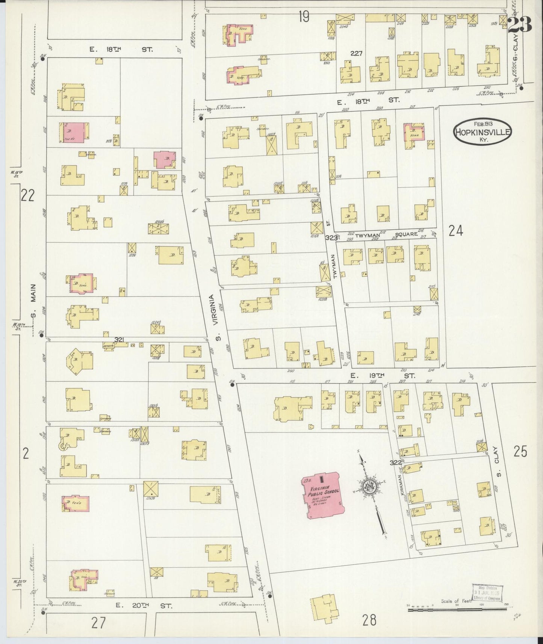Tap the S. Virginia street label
click(215, 318)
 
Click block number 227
click(356, 54)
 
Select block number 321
click(119, 340)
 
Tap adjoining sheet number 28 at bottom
click(369, 620)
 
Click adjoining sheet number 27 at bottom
click(98, 623)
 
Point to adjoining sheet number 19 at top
click(304, 17)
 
